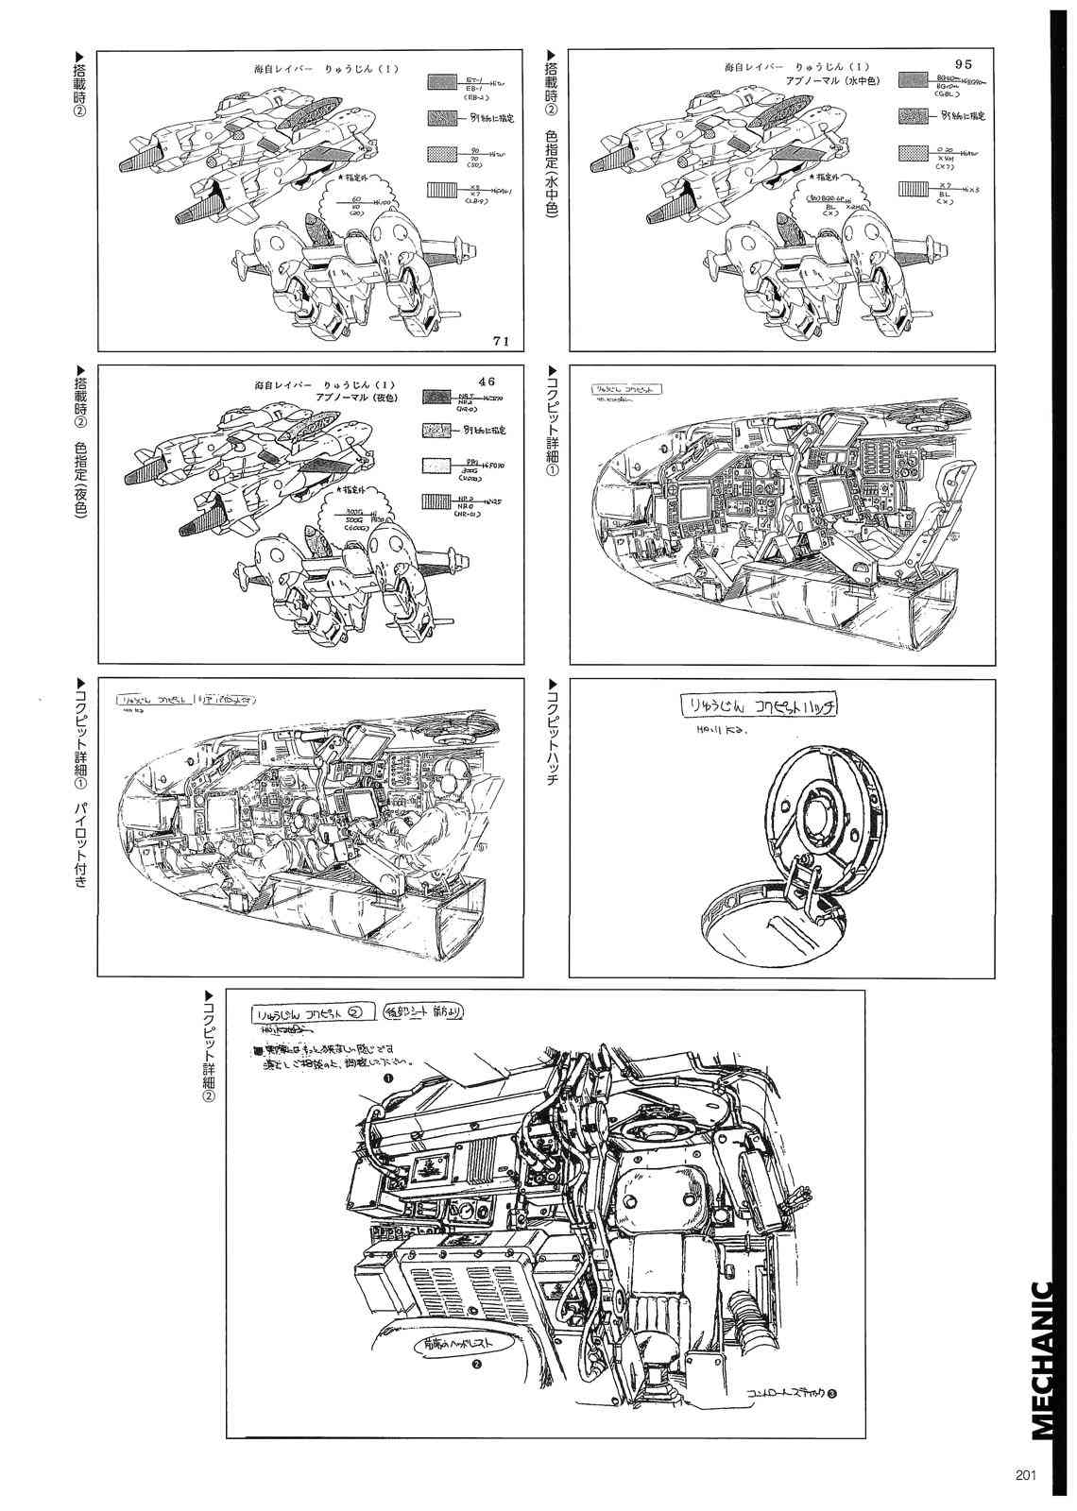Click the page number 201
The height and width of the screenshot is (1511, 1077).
[x=1027, y=1477]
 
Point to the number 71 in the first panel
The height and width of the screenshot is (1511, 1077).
[x=501, y=343]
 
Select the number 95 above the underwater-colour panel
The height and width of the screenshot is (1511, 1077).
[x=963, y=63]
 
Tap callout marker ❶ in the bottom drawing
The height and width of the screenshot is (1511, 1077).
[x=387, y=1078]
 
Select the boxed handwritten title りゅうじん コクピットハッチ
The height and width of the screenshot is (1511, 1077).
[x=760, y=706]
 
